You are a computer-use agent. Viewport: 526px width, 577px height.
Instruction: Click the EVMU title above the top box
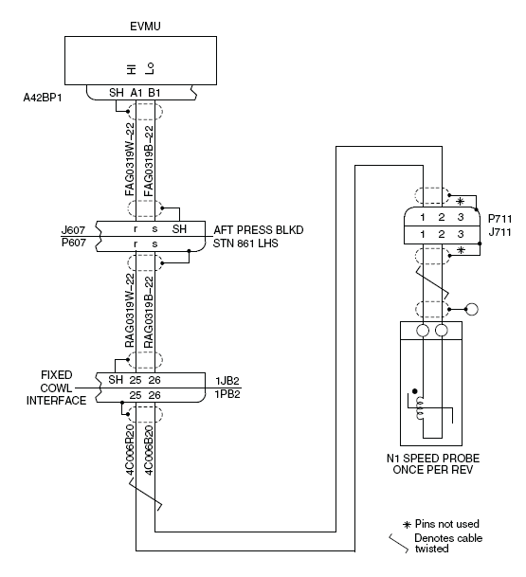point(145,27)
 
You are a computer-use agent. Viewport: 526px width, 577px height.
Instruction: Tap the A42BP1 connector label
point(43,98)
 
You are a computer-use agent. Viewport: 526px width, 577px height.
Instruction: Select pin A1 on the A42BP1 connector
point(136,93)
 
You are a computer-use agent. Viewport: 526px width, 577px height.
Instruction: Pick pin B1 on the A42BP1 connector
point(154,93)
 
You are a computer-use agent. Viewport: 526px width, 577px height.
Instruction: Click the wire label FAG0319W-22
point(130,159)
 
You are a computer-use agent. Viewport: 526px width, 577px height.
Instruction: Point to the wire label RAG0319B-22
point(149,312)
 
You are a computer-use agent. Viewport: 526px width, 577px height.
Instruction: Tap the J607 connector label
point(73,230)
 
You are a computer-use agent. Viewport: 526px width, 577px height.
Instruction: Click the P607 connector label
point(74,243)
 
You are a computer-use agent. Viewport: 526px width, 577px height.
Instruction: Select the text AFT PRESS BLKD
point(259,230)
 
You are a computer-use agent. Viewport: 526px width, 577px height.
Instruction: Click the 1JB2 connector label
point(227,381)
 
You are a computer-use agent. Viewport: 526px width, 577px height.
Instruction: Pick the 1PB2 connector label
point(227,394)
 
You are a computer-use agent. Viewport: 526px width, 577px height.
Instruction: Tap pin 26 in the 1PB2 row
point(154,395)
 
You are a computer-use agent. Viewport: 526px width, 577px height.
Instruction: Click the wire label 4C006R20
point(130,450)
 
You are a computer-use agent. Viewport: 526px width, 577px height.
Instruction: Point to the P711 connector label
point(499,219)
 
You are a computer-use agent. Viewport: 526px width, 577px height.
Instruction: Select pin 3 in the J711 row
point(461,234)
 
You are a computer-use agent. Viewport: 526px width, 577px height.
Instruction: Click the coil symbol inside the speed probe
point(420,408)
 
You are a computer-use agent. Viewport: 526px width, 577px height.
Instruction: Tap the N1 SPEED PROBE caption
point(433,459)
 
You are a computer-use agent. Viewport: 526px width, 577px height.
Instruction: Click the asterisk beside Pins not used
point(407,525)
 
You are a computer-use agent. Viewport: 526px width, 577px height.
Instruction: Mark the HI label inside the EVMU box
point(132,69)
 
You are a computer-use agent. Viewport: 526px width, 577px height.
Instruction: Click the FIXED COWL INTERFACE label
point(56,388)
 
